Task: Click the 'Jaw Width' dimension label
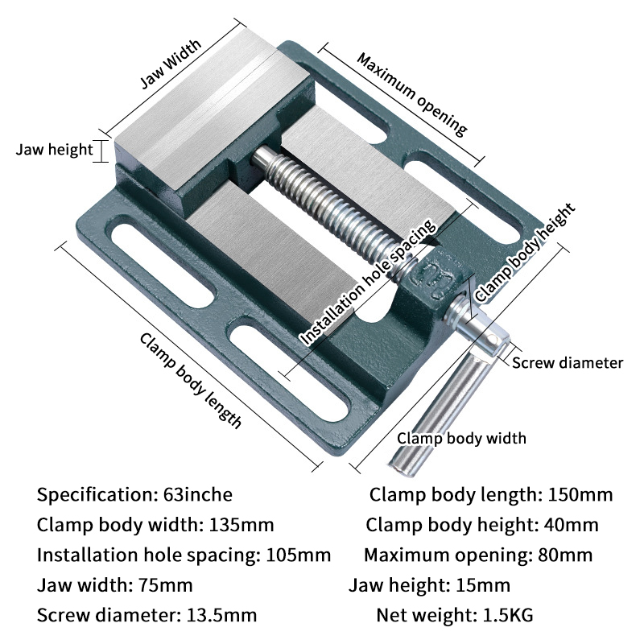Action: point(171,64)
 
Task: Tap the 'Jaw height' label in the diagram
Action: point(55,151)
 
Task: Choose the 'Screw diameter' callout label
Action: point(568,363)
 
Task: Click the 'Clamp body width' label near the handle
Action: point(462,438)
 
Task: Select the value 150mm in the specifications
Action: point(580,494)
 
